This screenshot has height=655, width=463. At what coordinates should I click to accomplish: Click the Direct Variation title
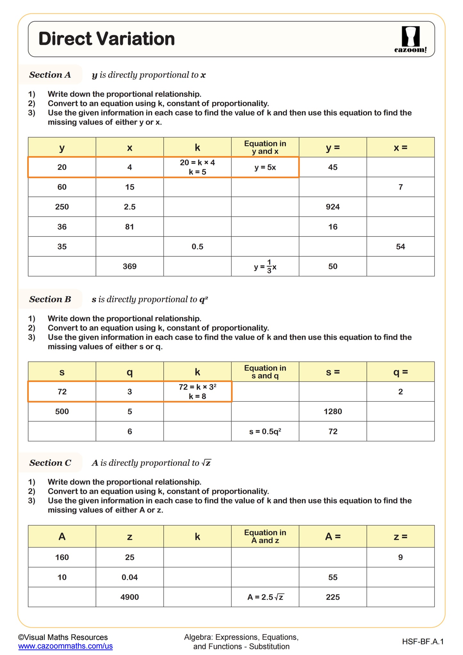(106, 39)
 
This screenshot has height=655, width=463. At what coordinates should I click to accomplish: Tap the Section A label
(50, 75)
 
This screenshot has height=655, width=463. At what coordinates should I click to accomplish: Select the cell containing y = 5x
(265, 167)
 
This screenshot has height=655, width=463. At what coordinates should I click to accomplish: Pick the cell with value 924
(333, 207)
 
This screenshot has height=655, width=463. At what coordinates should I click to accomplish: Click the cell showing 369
(129, 266)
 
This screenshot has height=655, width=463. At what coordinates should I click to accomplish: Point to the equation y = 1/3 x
(265, 266)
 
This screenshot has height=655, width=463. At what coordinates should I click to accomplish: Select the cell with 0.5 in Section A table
(197, 246)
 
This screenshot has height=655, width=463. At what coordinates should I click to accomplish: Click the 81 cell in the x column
(129, 227)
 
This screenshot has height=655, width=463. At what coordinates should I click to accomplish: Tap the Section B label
(50, 299)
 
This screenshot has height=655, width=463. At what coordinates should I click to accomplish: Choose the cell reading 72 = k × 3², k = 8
(197, 391)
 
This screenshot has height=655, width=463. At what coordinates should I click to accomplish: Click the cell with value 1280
(333, 411)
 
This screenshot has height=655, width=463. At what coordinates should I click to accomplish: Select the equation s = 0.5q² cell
(265, 431)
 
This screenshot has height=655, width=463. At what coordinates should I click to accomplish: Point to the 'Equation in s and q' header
(265, 372)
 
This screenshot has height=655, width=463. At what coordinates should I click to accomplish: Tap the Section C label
(50, 463)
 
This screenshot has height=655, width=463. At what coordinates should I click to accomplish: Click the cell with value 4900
(129, 597)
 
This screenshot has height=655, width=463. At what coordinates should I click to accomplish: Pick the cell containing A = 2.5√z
(265, 597)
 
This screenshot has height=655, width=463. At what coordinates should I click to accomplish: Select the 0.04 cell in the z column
(129, 577)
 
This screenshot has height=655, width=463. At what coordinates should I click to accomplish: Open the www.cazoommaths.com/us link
(66, 646)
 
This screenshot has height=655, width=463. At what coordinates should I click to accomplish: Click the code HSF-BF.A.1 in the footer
(423, 641)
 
